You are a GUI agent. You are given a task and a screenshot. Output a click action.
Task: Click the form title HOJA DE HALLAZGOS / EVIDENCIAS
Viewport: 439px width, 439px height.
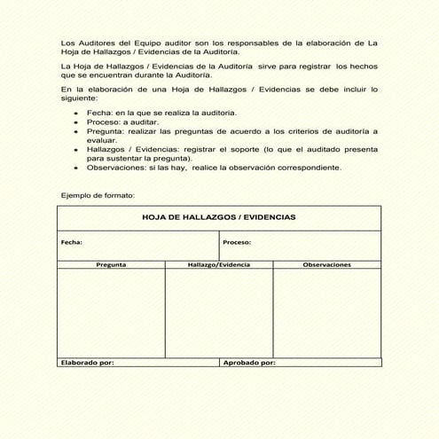(x=219, y=217)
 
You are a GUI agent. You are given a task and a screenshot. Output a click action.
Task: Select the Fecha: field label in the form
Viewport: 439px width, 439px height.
(x=72, y=241)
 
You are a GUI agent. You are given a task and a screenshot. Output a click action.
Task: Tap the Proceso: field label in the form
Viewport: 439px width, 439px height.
(x=237, y=241)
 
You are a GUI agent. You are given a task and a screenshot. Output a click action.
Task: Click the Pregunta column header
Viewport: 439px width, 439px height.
(x=111, y=264)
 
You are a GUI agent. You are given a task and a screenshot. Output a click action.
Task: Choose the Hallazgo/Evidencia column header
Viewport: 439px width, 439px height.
(x=219, y=264)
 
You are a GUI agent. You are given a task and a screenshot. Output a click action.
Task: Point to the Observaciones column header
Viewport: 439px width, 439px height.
(x=326, y=264)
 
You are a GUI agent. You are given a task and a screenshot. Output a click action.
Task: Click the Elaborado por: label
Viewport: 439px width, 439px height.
(x=87, y=362)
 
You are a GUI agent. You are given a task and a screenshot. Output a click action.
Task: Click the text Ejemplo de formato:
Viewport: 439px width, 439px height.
(x=98, y=195)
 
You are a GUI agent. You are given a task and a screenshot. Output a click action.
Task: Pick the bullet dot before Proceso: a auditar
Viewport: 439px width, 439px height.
(x=76, y=122)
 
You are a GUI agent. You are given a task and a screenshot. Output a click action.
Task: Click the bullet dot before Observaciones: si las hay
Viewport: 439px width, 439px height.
(x=76, y=167)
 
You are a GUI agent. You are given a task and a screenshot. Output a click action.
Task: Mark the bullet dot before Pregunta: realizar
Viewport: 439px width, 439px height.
(x=76, y=131)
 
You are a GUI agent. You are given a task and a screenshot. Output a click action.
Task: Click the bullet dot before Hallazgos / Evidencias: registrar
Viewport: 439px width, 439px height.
(x=76, y=150)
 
